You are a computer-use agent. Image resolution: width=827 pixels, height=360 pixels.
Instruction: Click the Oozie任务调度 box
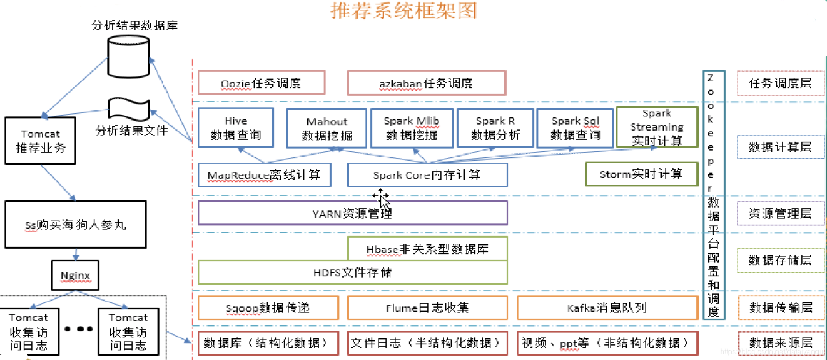(x=261, y=83)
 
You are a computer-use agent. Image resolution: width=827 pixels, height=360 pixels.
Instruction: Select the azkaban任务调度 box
(x=426, y=83)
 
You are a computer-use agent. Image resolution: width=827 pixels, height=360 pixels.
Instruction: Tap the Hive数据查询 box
(x=236, y=128)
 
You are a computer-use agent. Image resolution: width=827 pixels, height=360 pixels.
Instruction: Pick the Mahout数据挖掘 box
(x=326, y=128)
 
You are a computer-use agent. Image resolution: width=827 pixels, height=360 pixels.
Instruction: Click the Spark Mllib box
(x=412, y=128)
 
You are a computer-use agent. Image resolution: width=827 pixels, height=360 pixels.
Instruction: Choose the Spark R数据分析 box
(x=495, y=128)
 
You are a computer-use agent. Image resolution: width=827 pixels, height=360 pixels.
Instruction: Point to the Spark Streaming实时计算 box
(x=657, y=127)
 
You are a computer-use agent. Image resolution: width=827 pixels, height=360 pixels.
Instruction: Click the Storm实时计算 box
(x=641, y=174)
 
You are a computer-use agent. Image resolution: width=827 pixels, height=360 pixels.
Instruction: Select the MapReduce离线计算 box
(x=264, y=175)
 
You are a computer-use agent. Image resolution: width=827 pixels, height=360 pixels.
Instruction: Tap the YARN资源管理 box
(x=353, y=213)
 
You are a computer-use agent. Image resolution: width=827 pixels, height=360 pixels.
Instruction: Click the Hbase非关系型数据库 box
(x=427, y=249)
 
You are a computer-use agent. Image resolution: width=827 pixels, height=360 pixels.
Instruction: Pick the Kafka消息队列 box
(x=607, y=308)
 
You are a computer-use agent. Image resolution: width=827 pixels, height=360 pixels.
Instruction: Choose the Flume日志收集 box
(x=427, y=308)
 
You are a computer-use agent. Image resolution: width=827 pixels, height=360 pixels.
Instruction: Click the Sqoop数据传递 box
(x=268, y=308)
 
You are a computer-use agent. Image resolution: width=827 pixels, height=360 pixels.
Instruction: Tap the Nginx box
(x=75, y=275)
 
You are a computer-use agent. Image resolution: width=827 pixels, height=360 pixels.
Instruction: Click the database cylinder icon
(x=128, y=57)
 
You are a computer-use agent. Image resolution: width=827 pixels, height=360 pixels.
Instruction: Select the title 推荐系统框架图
(x=404, y=10)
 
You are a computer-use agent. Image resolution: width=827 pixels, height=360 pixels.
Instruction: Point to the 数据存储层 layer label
(x=780, y=260)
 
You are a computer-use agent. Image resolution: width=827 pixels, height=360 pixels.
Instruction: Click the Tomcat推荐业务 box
(x=41, y=141)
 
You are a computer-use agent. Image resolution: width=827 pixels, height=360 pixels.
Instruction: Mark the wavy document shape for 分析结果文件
(x=129, y=109)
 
